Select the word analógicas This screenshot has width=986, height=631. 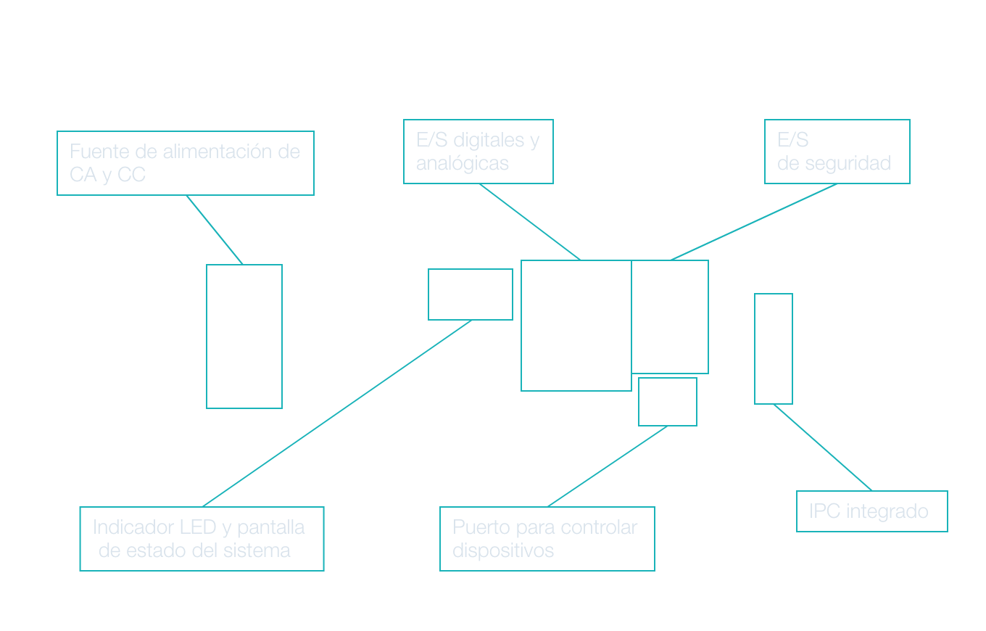(463, 164)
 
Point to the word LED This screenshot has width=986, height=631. (198, 527)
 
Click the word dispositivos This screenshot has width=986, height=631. (503, 550)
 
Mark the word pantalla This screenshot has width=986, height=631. (270, 527)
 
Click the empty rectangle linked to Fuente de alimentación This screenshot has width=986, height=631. (244, 337)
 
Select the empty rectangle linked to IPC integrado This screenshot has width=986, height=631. (774, 349)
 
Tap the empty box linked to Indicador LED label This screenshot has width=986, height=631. (471, 294)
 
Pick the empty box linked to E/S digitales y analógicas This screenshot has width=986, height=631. (576, 326)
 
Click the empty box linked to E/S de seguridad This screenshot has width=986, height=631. (670, 317)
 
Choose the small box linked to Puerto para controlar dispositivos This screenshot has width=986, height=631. (668, 402)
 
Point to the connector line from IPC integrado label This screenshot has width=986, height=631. (823, 448)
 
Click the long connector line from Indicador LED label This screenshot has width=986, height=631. (337, 413)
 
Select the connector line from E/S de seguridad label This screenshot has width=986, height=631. (754, 222)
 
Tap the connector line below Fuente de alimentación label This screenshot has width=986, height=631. (215, 230)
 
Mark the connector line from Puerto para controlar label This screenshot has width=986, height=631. (608, 466)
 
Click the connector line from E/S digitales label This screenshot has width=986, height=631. (529, 222)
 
